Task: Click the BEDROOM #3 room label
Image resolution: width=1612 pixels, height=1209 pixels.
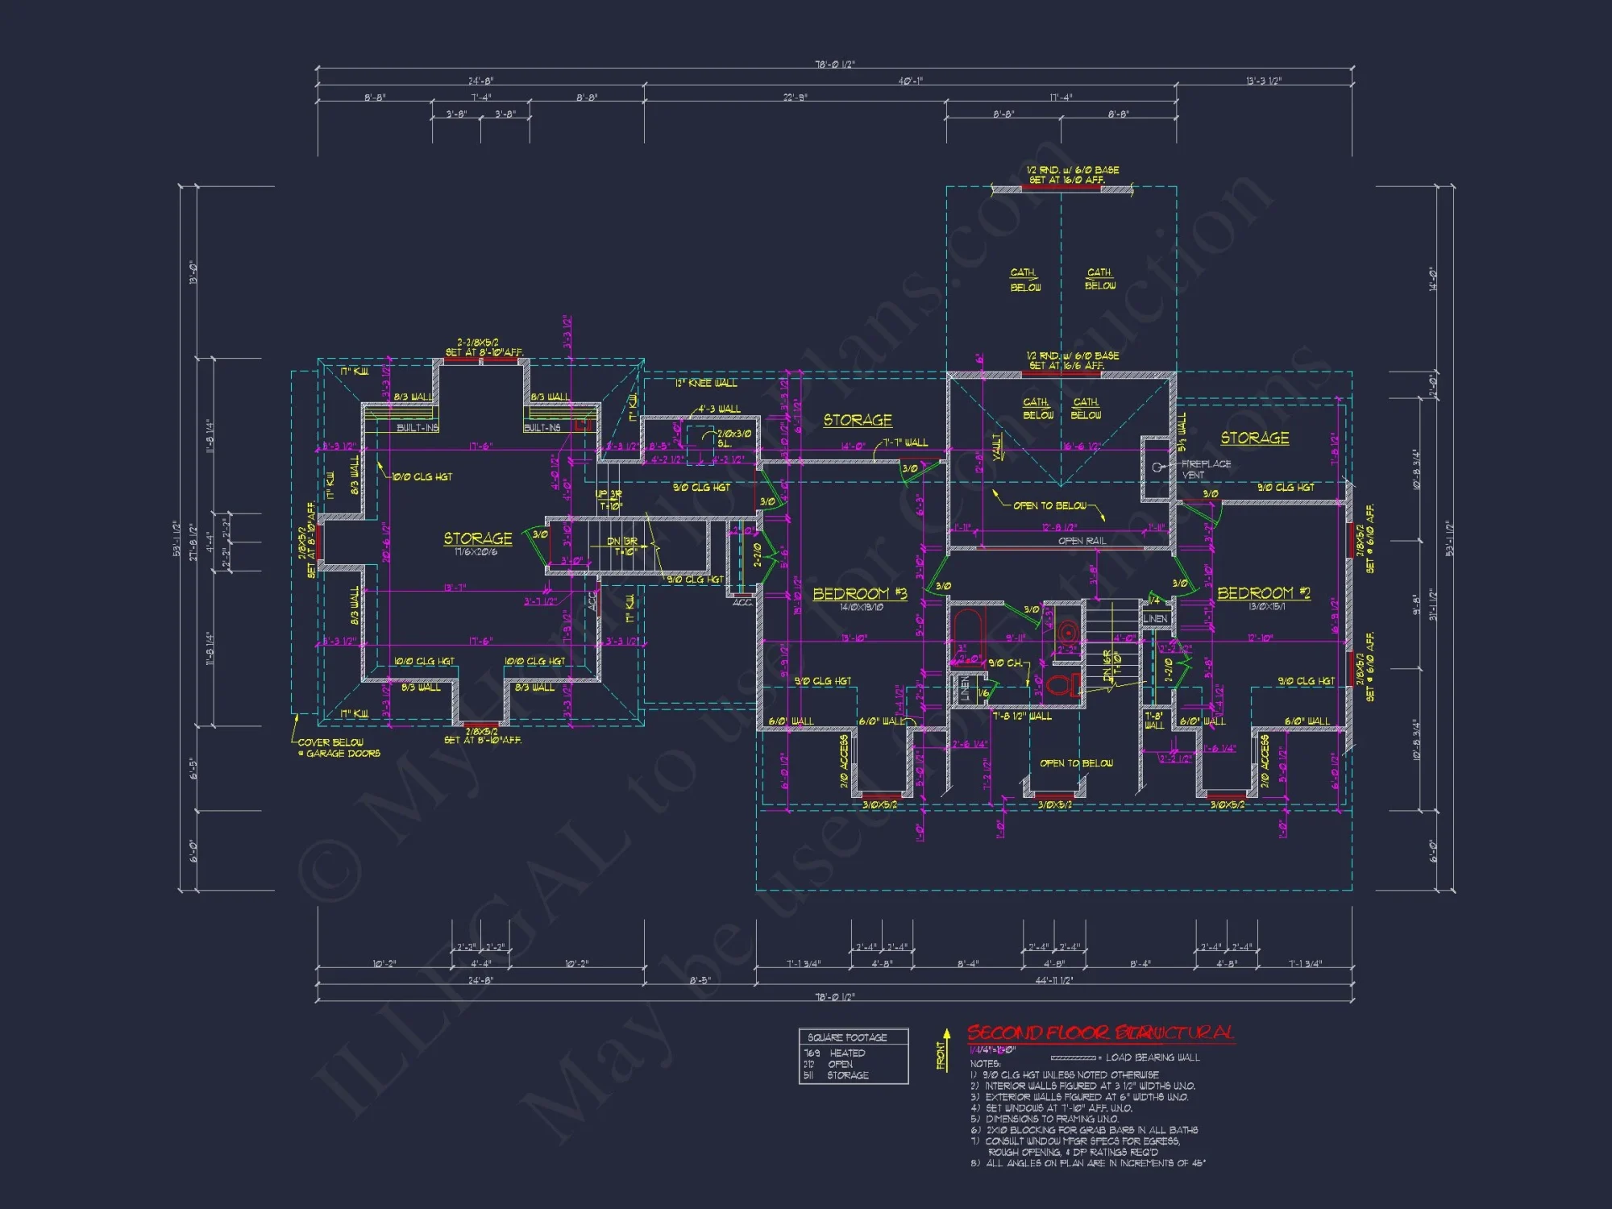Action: coord(859,594)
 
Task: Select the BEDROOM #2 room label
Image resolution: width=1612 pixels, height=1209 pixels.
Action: coord(1263,593)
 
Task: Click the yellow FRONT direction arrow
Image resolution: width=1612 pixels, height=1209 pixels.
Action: coord(946,1048)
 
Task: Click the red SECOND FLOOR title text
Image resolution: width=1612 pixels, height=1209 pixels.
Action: coord(1100,1032)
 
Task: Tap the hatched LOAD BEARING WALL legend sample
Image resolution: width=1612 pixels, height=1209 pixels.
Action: coord(1073,1057)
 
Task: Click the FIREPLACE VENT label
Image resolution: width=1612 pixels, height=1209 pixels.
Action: coord(1206,469)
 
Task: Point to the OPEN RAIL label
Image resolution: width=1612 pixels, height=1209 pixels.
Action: coord(1082,541)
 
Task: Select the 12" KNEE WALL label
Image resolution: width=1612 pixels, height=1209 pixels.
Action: coord(706,383)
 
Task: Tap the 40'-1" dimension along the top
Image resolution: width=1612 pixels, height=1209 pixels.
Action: coord(911,81)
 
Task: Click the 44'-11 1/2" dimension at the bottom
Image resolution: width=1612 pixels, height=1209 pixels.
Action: coord(1053,981)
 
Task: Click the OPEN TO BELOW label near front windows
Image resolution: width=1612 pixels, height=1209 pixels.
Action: coord(1076,763)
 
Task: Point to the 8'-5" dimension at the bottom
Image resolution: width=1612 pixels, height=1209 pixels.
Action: coord(700,981)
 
